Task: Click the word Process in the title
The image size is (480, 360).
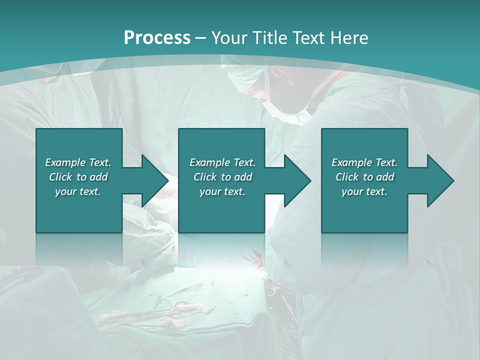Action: click(157, 38)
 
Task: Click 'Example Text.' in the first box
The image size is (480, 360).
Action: click(78, 162)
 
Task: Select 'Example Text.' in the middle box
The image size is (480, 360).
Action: click(222, 162)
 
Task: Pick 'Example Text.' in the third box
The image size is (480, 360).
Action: click(364, 162)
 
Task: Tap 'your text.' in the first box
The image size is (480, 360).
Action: click(78, 191)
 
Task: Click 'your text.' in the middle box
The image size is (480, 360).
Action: click(222, 191)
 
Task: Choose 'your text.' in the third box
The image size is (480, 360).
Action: click(364, 191)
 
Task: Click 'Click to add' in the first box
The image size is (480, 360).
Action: click(78, 177)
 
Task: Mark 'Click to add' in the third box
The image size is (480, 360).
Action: click(364, 177)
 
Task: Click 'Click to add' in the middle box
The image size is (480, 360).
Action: click(222, 177)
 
